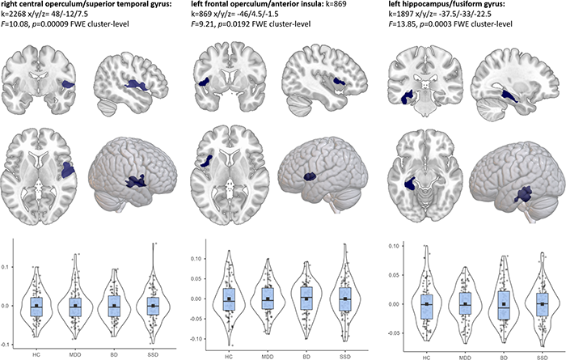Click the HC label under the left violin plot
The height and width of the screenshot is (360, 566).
tap(35, 354)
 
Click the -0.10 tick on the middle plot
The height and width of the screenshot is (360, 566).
tap(198, 338)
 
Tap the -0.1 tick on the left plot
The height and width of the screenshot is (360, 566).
tap(6, 345)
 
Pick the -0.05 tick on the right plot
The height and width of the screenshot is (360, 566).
tap(391, 332)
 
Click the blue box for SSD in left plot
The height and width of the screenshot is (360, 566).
tap(153, 307)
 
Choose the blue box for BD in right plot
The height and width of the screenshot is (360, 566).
tap(503, 303)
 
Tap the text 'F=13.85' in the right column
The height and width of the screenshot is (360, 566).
tap(407, 28)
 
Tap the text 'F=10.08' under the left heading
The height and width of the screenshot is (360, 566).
tap(17, 28)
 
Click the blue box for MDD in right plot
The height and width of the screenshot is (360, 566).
tap(464, 303)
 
